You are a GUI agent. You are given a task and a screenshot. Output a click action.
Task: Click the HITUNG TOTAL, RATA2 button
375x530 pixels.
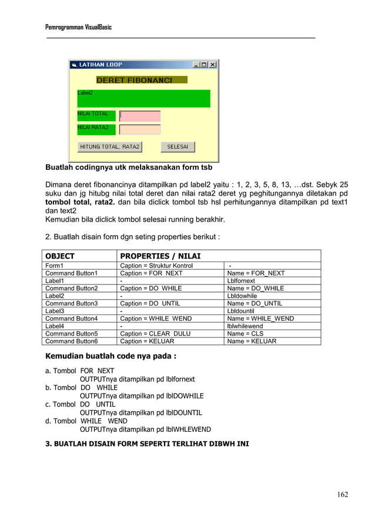pyautogui.click(x=110, y=147)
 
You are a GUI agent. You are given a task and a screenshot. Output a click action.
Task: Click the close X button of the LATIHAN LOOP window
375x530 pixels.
pyautogui.click(x=213, y=65)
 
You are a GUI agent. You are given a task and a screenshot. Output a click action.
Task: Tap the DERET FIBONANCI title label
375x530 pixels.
pyautogui.click(x=134, y=80)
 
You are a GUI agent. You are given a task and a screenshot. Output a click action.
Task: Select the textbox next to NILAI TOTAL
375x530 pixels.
pyautogui.click(x=140, y=116)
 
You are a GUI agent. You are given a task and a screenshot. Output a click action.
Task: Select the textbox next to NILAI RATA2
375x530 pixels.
pyautogui.click(x=140, y=129)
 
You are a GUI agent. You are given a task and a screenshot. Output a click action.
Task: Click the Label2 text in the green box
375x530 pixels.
pyautogui.click(x=85, y=93)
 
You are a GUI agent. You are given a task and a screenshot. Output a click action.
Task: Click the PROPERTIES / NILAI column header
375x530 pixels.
pyautogui.click(x=160, y=256)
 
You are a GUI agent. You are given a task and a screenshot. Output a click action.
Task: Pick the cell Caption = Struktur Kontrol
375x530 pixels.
pyautogui.click(x=156, y=266)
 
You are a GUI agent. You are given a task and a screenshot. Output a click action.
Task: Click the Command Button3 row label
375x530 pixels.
pyautogui.click(x=72, y=303)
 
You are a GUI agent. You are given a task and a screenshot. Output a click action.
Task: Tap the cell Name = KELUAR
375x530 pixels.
pyautogui.click(x=252, y=341)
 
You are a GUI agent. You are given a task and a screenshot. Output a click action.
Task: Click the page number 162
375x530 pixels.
pyautogui.click(x=342, y=494)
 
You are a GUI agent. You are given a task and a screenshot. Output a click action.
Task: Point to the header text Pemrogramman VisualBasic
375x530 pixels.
pyautogui.click(x=78, y=28)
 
